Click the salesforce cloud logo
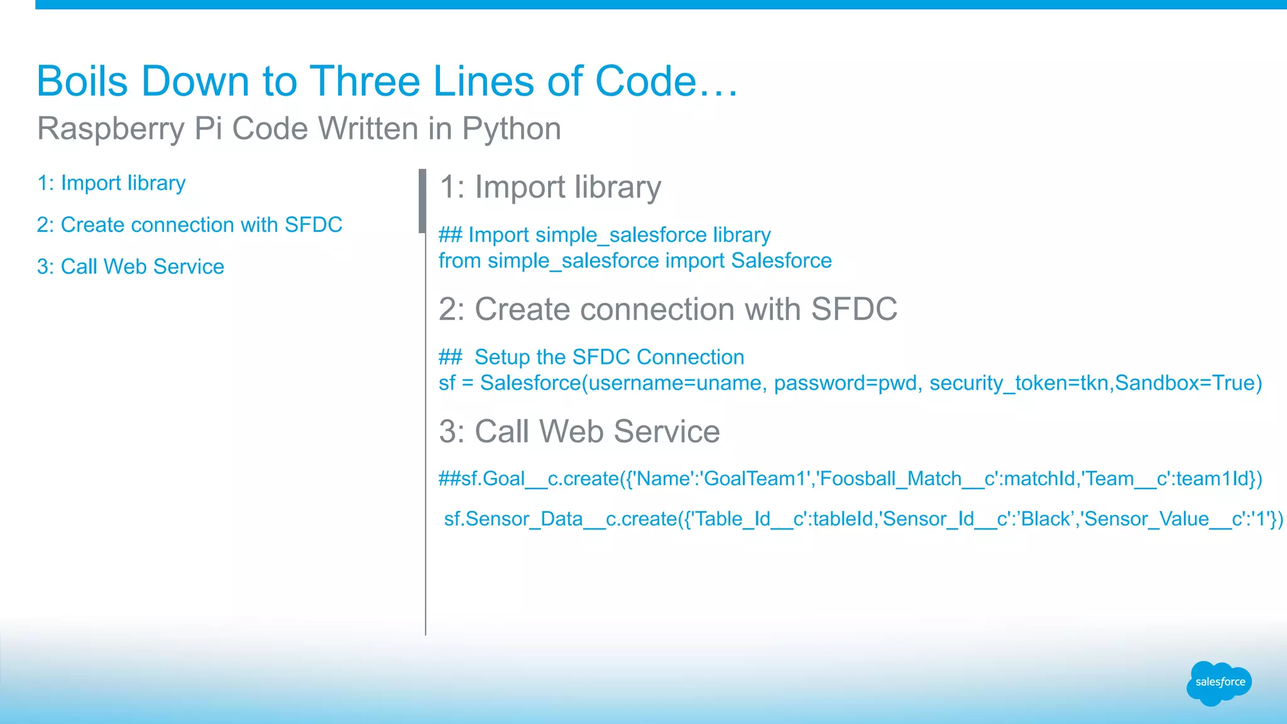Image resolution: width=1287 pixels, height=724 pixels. pos(1219,683)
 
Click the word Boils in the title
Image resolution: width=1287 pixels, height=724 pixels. pos(82,82)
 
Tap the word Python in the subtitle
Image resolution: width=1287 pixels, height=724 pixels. pos(512,129)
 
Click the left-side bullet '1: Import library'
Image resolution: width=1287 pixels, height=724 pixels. pos(111,183)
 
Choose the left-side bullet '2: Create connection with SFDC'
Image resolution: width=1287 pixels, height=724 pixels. pos(189,225)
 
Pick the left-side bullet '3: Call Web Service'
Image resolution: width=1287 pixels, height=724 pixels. pos(130,266)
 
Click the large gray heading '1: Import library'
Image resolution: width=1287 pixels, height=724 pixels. pos(550,187)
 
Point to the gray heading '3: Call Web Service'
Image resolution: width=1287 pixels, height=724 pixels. pos(579,432)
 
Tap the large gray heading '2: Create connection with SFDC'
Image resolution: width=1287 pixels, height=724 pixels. pos(667,309)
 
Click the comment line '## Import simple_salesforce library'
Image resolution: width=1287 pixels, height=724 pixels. pos(604,235)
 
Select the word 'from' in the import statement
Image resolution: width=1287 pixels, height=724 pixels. pos(459,261)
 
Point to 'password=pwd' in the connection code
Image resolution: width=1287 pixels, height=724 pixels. pos(845,383)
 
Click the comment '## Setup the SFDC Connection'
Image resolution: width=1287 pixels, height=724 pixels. pos(591,357)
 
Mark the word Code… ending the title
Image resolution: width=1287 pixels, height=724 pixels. pos(666,82)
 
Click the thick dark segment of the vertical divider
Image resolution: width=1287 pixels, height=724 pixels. pos(422,201)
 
